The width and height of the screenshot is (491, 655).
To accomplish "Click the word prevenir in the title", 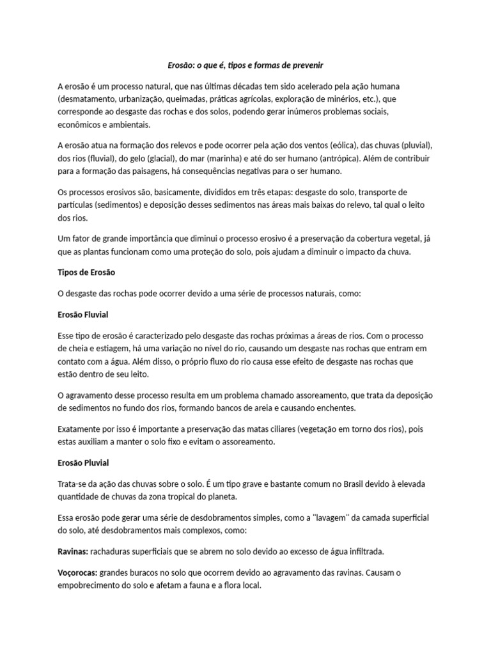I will tap(308, 65).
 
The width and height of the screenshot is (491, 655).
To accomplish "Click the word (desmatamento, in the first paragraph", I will tap(89, 99).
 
